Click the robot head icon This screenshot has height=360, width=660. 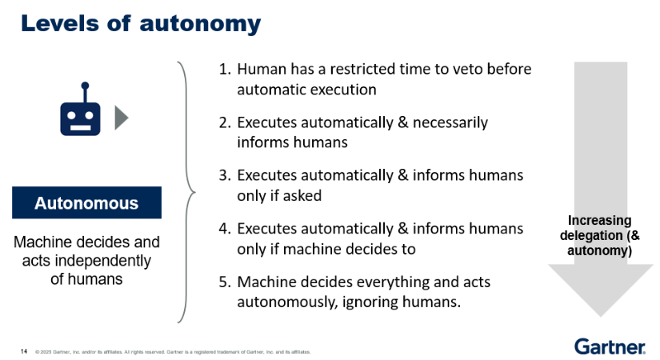click(x=83, y=116)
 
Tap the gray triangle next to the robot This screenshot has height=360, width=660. click(x=121, y=118)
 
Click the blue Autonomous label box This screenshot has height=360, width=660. click(x=86, y=203)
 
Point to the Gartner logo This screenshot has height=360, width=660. click(x=610, y=346)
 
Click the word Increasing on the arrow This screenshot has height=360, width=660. click(x=599, y=221)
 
